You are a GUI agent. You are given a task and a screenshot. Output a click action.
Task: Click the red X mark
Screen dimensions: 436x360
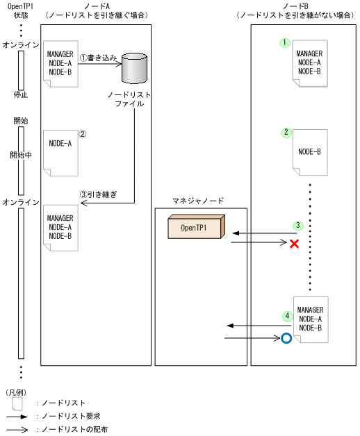(x=294, y=244)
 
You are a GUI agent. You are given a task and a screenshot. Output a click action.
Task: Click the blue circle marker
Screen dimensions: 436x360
(x=285, y=339)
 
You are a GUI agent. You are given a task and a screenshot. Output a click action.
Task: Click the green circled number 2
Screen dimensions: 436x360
(x=286, y=132)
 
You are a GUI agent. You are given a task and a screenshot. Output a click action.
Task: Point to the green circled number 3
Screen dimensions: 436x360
(x=297, y=226)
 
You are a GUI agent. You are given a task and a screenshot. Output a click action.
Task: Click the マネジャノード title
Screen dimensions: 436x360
(x=200, y=200)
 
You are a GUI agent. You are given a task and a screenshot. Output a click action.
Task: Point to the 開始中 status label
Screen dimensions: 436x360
(x=21, y=155)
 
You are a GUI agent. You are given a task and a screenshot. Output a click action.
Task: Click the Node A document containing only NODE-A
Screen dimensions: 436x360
(x=60, y=152)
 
